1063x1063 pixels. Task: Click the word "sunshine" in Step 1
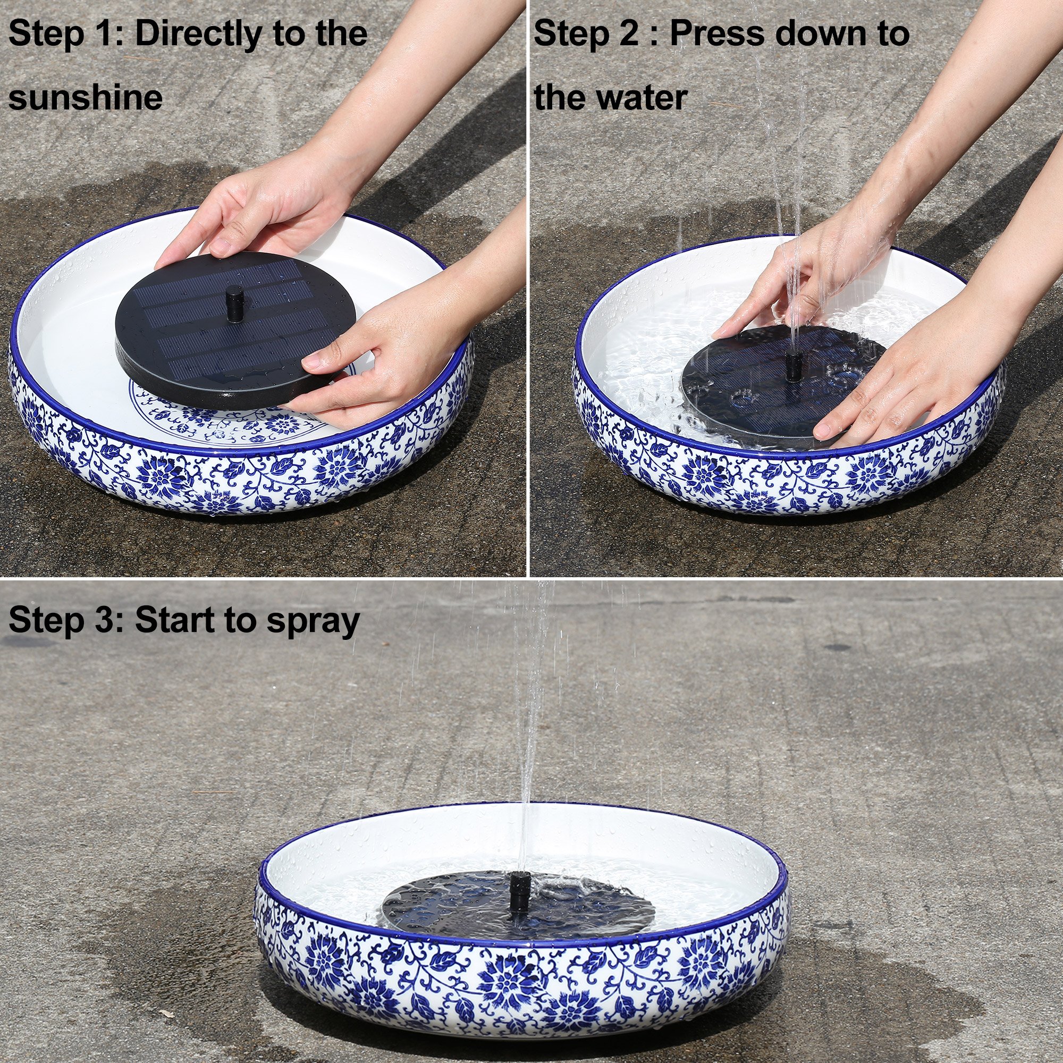[85, 97]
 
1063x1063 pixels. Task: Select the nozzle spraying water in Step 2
[794, 368]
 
